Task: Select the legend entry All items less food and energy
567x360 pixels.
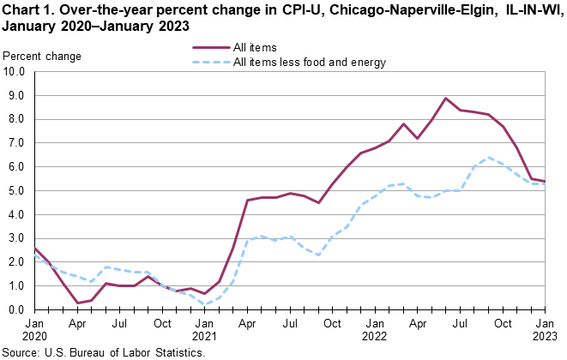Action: pyautogui.click(x=310, y=63)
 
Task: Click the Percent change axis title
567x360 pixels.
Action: pyautogui.click(x=43, y=57)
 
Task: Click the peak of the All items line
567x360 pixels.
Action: pyautogui.click(x=446, y=98)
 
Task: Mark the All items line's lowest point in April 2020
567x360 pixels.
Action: pyautogui.click(x=77, y=303)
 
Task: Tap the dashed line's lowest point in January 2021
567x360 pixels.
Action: pyautogui.click(x=205, y=304)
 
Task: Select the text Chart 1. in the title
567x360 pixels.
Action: pyautogui.click(x=29, y=10)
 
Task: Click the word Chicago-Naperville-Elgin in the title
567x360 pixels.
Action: pyautogui.click(x=411, y=10)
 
